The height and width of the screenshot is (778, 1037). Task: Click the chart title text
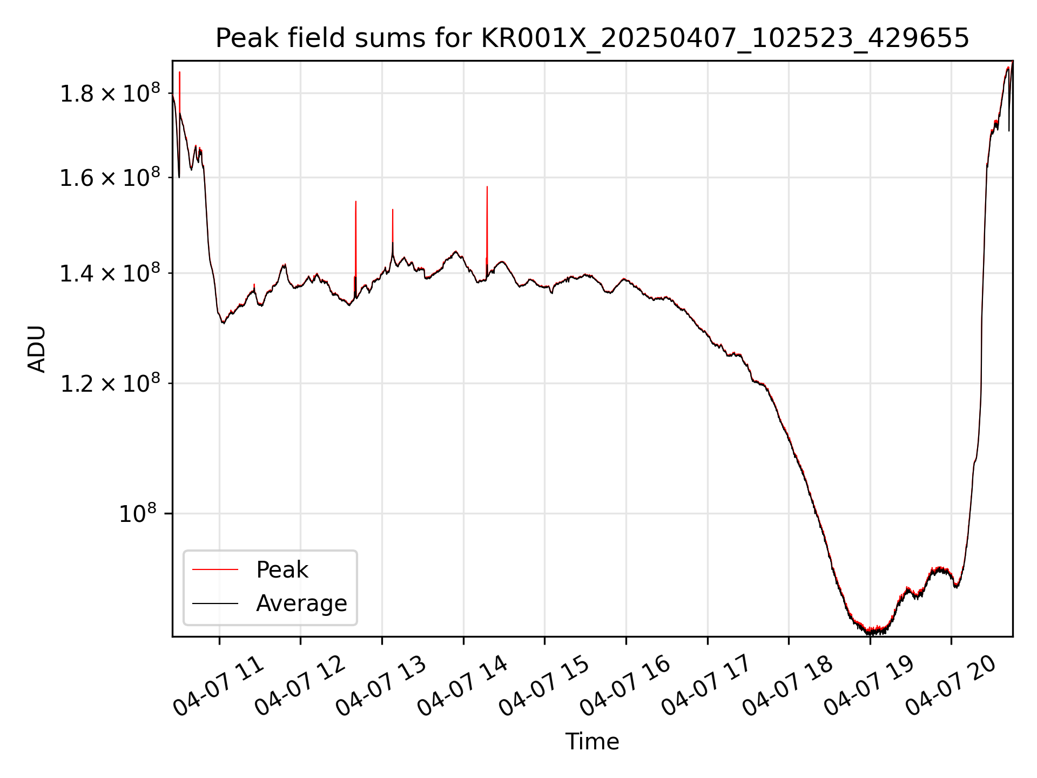pyautogui.click(x=592, y=38)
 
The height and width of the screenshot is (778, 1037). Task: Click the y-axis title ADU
pyautogui.click(x=37, y=349)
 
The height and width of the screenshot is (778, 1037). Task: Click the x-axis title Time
pyautogui.click(x=592, y=741)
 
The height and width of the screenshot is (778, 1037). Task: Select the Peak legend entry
pyautogui.click(x=281, y=570)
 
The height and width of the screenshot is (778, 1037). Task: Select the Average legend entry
pyautogui.click(x=301, y=603)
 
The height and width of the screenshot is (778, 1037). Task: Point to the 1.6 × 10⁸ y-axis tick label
pyautogui.click(x=110, y=177)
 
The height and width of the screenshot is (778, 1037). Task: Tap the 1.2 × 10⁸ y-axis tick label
pyautogui.click(x=110, y=383)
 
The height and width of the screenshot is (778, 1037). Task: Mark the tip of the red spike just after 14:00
pyautogui.click(x=487, y=187)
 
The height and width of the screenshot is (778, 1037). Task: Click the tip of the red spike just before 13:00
pyautogui.click(x=356, y=202)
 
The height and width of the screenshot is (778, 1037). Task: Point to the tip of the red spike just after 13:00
pyautogui.click(x=393, y=210)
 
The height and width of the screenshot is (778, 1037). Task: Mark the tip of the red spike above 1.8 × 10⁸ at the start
pyautogui.click(x=180, y=72)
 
